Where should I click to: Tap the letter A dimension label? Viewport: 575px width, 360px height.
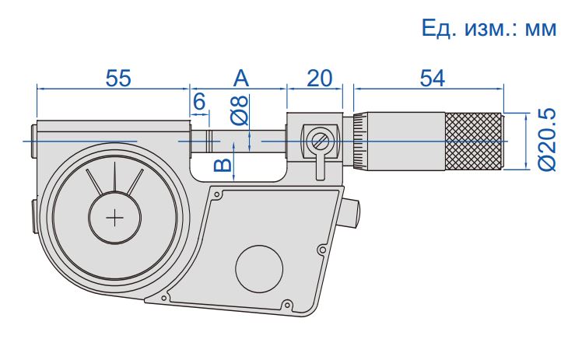[x=241, y=78]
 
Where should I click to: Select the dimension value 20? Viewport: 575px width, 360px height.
[x=320, y=78]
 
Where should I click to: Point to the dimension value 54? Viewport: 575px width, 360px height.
[x=432, y=78]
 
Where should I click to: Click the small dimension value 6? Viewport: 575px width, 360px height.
[x=198, y=101]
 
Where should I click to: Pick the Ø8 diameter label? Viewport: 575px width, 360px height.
[x=240, y=110]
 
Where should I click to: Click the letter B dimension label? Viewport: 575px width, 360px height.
[x=223, y=163]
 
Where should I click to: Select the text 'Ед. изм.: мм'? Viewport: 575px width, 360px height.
[x=489, y=30]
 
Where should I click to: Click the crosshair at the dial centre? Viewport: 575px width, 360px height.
[x=116, y=218]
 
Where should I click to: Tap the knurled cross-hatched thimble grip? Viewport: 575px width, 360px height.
[x=474, y=141]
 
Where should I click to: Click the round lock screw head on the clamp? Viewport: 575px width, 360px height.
[x=319, y=141]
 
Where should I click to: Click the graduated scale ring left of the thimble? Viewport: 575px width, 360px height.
[x=359, y=141]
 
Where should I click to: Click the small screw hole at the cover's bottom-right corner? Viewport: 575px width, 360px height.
[x=289, y=304]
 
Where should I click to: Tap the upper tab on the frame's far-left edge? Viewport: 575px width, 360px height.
[x=33, y=141]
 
